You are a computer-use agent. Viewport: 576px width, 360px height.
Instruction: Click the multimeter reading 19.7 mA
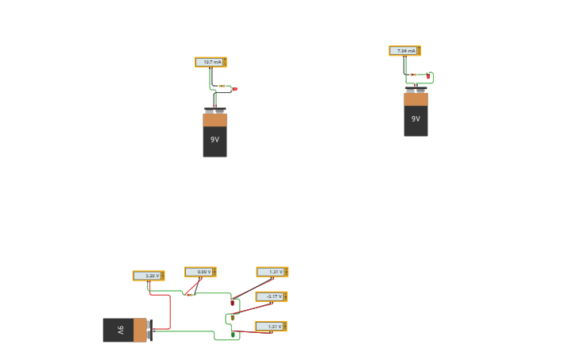(211, 62)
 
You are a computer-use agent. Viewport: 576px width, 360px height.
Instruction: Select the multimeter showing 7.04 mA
(404, 51)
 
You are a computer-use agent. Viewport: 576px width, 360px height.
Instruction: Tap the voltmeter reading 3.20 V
(148, 276)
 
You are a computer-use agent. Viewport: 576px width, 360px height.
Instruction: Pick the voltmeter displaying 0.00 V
(199, 272)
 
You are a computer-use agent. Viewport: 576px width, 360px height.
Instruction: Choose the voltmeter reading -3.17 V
(271, 296)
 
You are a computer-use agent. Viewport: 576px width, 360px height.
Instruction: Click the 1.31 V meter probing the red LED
(272, 272)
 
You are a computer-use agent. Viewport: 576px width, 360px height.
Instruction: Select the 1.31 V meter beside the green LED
(270, 327)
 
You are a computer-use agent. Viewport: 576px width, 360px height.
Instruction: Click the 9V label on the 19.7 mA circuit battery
(215, 139)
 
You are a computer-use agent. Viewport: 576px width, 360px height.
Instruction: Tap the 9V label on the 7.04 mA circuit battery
(416, 119)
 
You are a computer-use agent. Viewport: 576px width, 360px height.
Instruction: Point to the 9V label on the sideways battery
(121, 330)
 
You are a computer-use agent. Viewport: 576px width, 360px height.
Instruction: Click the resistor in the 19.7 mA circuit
(222, 86)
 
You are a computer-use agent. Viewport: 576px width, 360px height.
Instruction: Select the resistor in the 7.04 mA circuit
(414, 75)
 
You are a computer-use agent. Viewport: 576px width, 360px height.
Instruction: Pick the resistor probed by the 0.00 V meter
(190, 294)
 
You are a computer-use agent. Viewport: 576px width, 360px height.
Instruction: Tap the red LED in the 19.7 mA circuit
(235, 89)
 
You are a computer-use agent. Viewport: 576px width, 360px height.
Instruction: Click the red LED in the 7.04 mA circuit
(428, 76)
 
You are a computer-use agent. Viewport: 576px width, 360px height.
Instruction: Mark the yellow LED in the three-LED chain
(232, 317)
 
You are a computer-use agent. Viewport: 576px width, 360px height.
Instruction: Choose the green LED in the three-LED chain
(234, 335)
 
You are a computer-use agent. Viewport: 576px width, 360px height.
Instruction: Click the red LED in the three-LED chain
(233, 302)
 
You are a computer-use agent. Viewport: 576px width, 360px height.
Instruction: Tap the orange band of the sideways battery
(140, 330)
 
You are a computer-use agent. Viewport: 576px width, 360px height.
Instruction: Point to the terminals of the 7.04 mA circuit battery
(416, 89)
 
